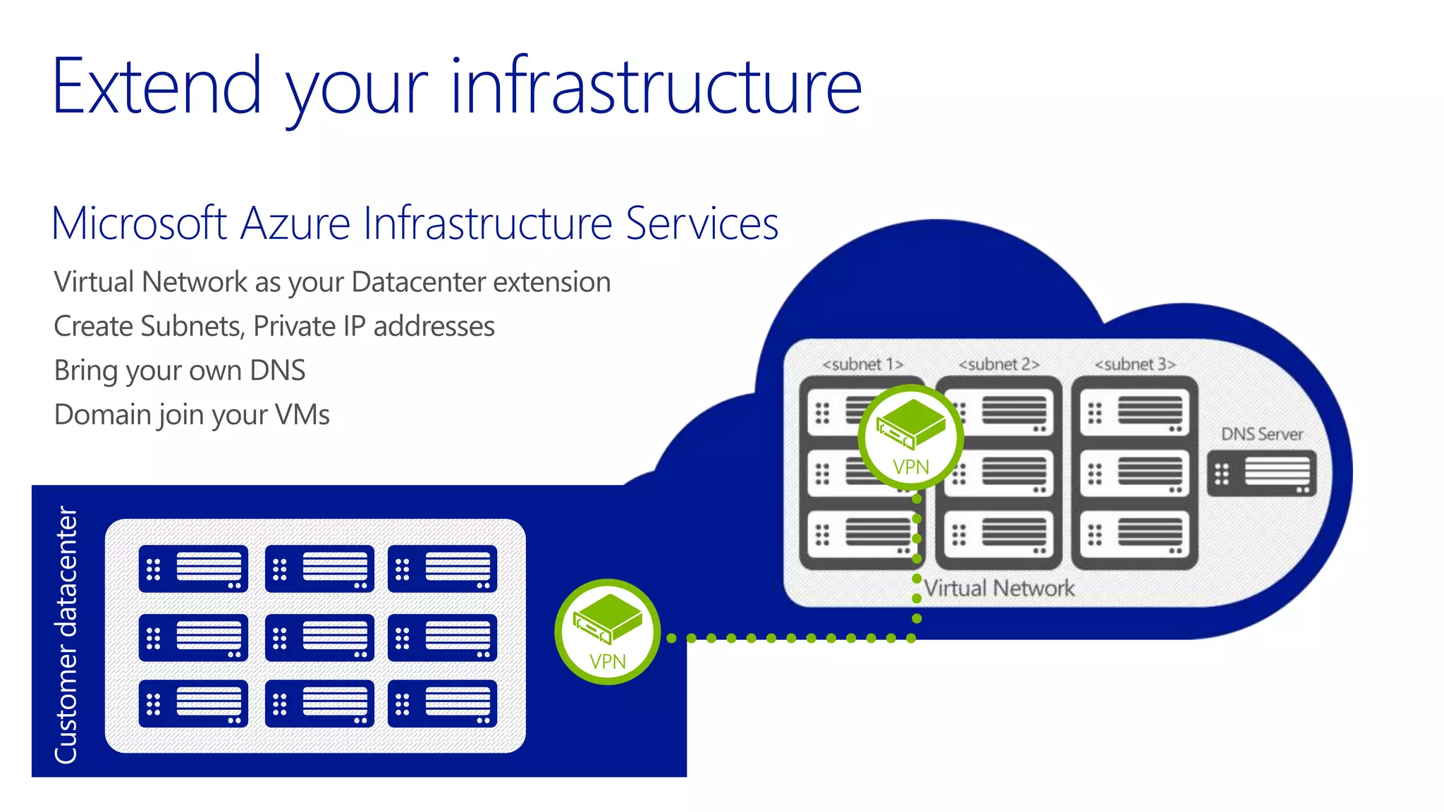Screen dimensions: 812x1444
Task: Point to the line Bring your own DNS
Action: (180, 371)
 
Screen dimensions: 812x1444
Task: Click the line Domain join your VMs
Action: (192, 415)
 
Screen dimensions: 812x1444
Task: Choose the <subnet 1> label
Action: (862, 364)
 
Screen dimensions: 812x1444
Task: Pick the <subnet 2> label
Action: (998, 364)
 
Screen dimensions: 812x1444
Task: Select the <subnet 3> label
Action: (1134, 364)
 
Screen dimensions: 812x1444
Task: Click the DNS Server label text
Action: (1261, 434)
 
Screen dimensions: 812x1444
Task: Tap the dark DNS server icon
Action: (1261, 473)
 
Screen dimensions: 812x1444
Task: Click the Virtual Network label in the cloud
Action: (998, 588)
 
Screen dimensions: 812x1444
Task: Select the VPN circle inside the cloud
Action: (911, 437)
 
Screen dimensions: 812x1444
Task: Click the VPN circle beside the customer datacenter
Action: (608, 632)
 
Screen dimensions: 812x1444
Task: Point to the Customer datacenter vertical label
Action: (66, 634)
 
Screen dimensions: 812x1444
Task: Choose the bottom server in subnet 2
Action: (998, 534)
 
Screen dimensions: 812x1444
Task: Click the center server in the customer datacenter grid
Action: (319, 638)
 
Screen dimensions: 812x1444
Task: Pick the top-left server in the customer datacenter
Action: (193, 569)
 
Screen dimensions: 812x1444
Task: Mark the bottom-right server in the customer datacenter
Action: (442, 703)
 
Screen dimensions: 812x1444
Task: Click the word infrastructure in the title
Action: (656, 87)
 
